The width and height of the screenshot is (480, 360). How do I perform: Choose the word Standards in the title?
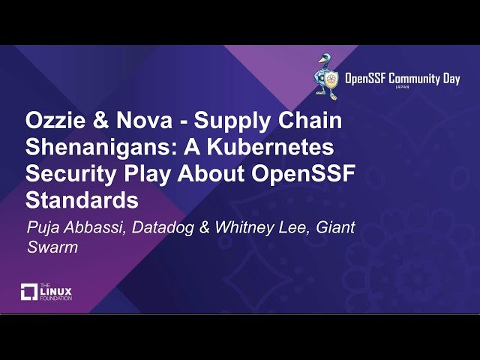click(82, 200)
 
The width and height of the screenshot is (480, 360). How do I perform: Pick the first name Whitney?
click(242, 227)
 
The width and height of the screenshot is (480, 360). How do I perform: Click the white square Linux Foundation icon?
click(29, 292)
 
